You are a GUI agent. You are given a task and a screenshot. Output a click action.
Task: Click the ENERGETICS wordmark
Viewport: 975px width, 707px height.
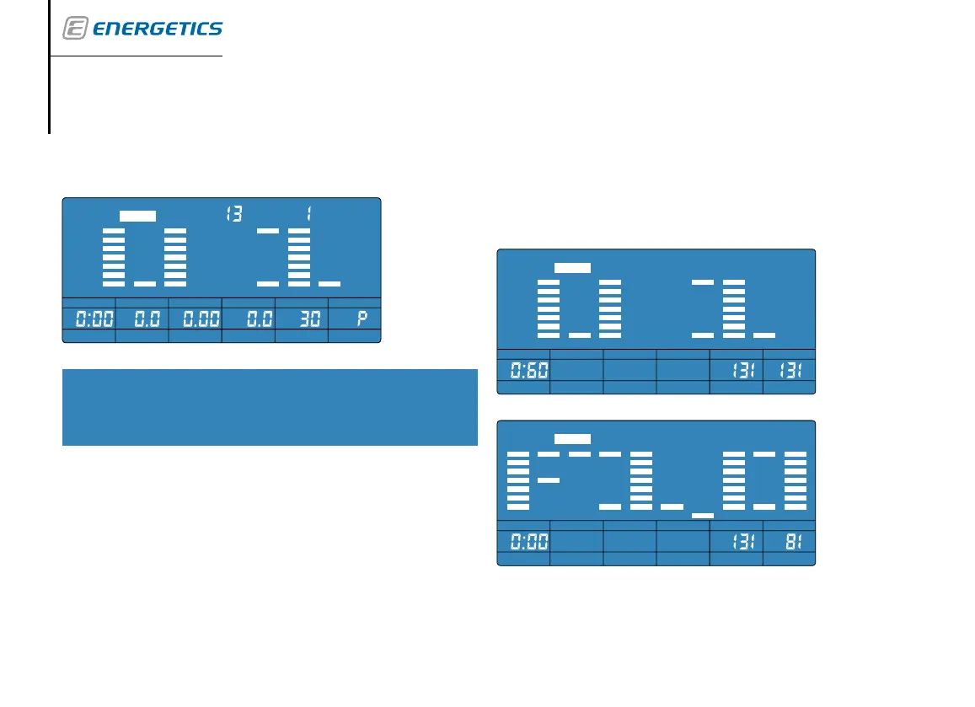[157, 29]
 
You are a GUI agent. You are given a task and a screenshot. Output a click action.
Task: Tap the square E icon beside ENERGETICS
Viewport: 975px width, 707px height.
[75, 29]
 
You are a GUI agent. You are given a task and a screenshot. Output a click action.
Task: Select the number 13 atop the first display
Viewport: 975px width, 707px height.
[234, 215]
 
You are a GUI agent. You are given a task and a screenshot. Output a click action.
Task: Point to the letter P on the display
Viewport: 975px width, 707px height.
[365, 320]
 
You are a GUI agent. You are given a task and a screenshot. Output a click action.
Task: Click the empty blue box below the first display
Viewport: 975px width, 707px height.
[270, 407]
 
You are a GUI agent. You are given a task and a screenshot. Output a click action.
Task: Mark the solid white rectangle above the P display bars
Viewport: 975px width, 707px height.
[137, 216]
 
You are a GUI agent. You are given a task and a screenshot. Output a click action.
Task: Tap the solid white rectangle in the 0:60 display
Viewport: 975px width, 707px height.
[572, 267]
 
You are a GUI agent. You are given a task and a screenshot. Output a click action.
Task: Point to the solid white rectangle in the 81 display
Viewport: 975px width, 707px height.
[572, 439]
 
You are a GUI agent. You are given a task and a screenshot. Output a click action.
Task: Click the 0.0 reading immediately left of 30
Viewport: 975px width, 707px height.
[256, 320]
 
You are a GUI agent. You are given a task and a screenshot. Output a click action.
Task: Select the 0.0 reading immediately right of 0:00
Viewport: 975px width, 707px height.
[142, 320]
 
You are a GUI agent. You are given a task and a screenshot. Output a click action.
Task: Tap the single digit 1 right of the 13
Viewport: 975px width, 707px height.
[309, 215]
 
